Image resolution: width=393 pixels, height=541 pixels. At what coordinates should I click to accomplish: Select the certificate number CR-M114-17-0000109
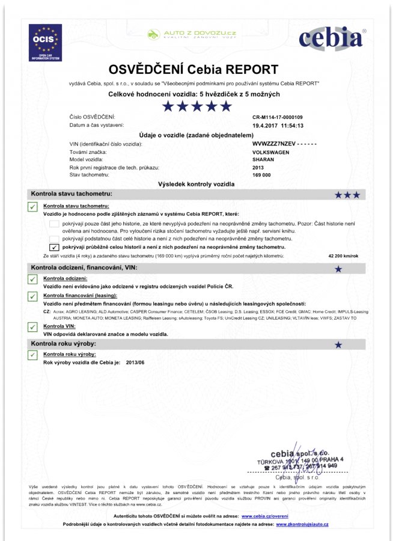coord(278,117)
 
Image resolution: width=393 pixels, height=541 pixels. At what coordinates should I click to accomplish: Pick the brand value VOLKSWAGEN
coord(271,153)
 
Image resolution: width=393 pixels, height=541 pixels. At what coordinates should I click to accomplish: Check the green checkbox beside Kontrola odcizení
coord(32,280)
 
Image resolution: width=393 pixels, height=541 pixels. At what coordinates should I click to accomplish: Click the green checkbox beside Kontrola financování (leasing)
coord(32,297)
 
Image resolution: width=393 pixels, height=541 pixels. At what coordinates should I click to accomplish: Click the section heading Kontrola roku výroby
coord(64,344)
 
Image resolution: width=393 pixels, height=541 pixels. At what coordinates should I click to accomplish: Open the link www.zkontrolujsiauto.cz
coord(302,524)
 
